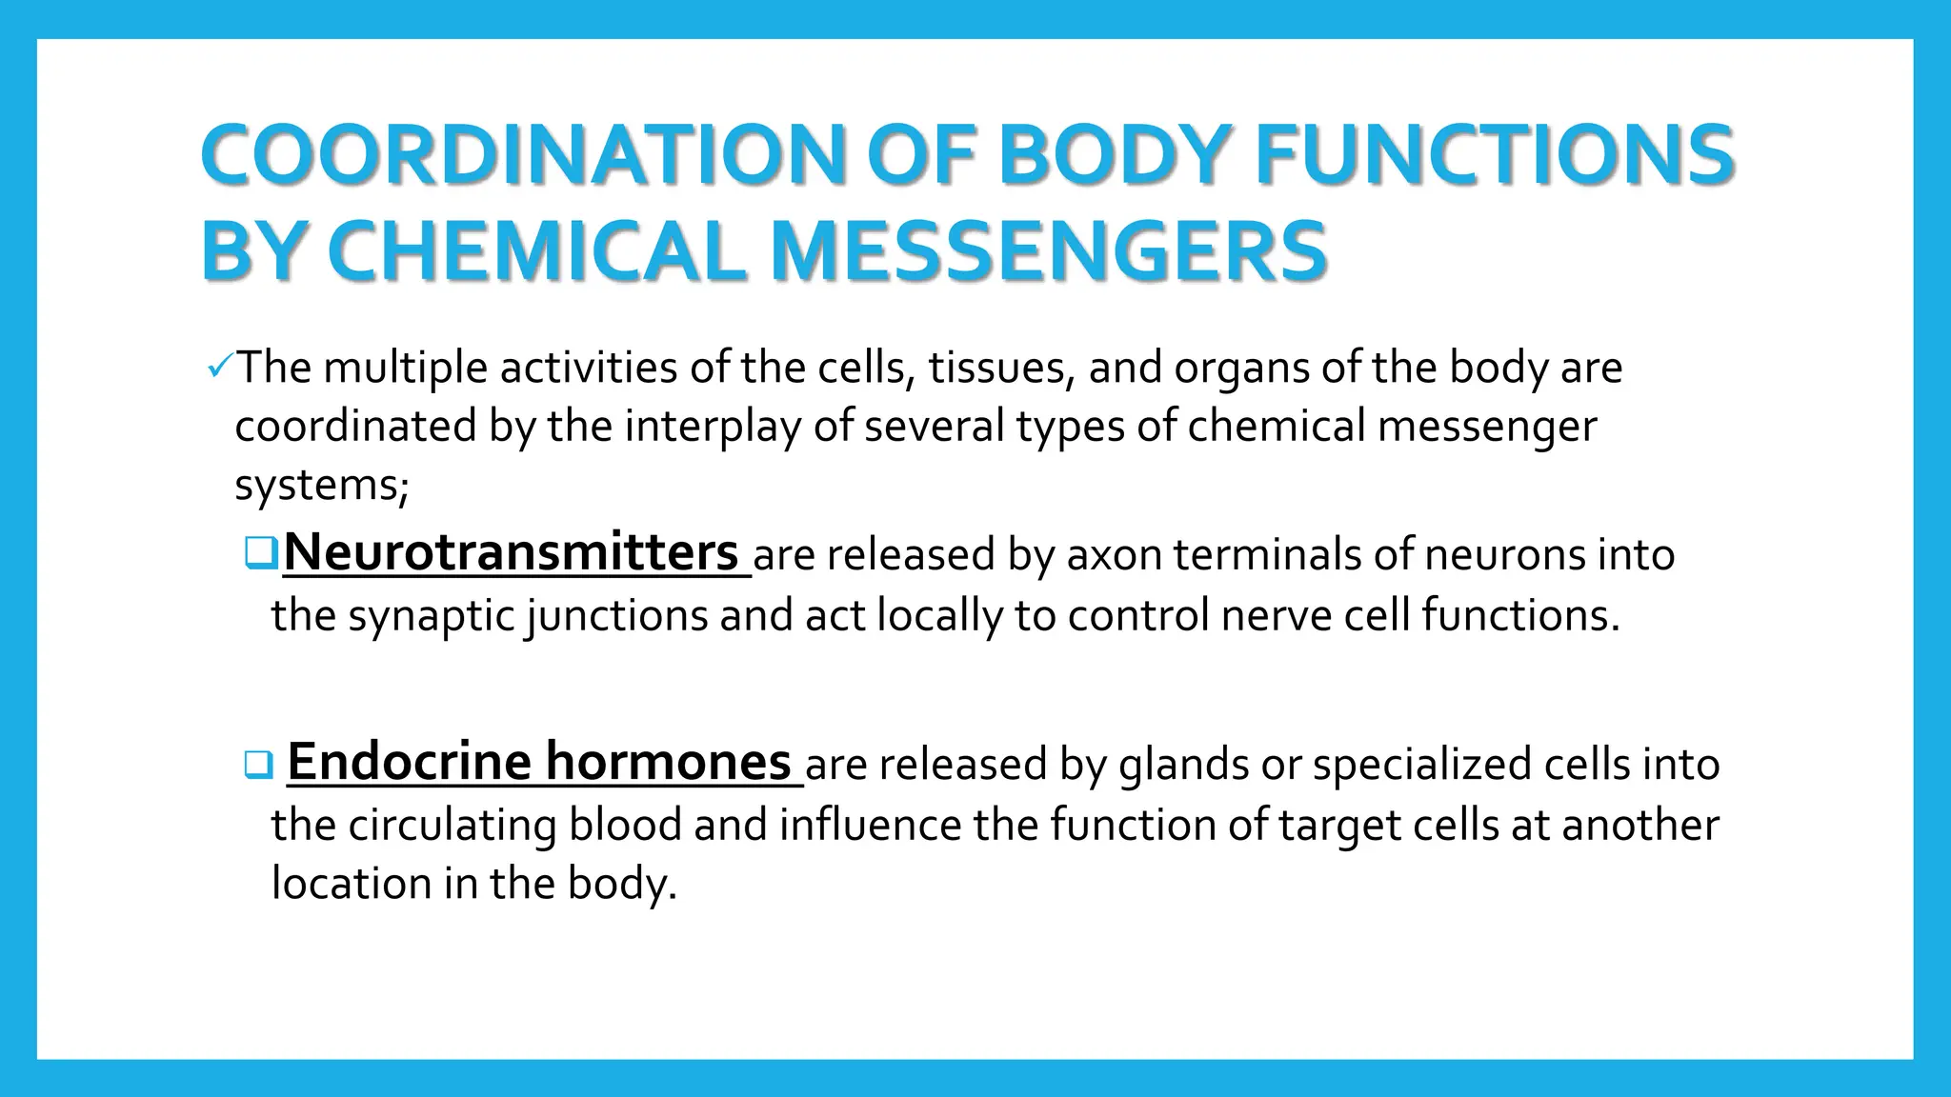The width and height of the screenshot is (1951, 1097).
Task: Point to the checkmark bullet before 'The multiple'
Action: [218, 366]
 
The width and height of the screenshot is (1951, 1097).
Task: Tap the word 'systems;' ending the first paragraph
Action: [321, 486]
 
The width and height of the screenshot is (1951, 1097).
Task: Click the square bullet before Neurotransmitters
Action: [260, 552]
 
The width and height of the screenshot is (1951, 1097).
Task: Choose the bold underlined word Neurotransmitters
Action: [511, 552]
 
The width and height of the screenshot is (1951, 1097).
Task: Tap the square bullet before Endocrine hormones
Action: [258, 764]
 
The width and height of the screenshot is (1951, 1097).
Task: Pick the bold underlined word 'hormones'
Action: [668, 762]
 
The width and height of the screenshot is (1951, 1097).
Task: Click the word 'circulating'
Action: [452, 826]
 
